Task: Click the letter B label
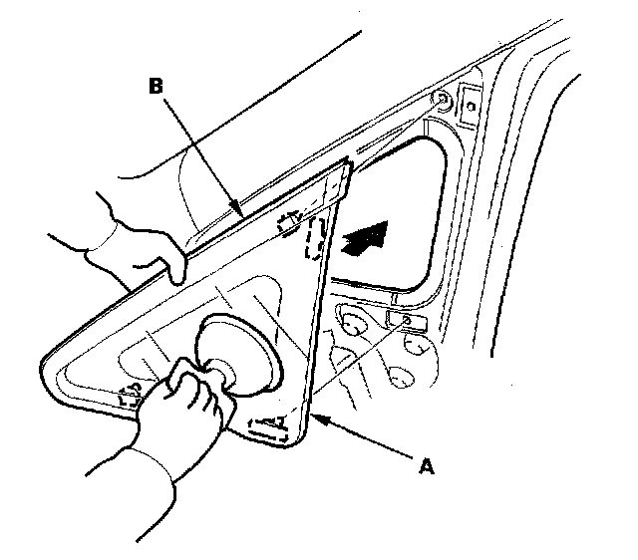tap(157, 88)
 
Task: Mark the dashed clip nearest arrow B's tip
tap(290, 223)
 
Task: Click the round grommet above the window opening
tap(440, 100)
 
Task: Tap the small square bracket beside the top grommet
tap(469, 101)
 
